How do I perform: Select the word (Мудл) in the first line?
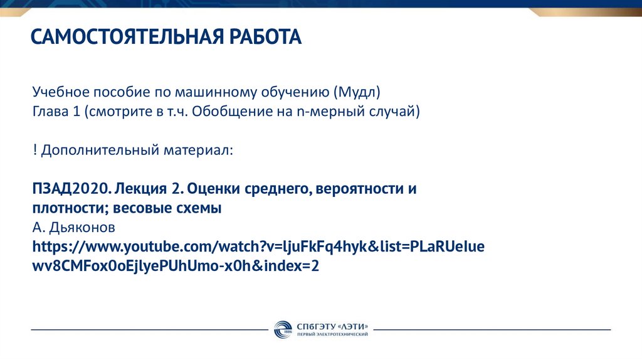[x=357, y=92]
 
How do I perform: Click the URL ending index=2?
[x=176, y=265]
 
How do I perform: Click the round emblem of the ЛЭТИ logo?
[x=282, y=329]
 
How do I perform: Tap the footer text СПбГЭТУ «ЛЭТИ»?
[x=332, y=326]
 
